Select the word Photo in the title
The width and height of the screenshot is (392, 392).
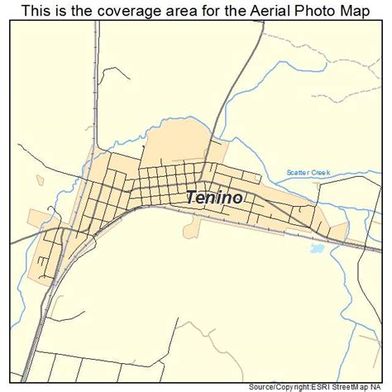pyautogui.click(x=302, y=10)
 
